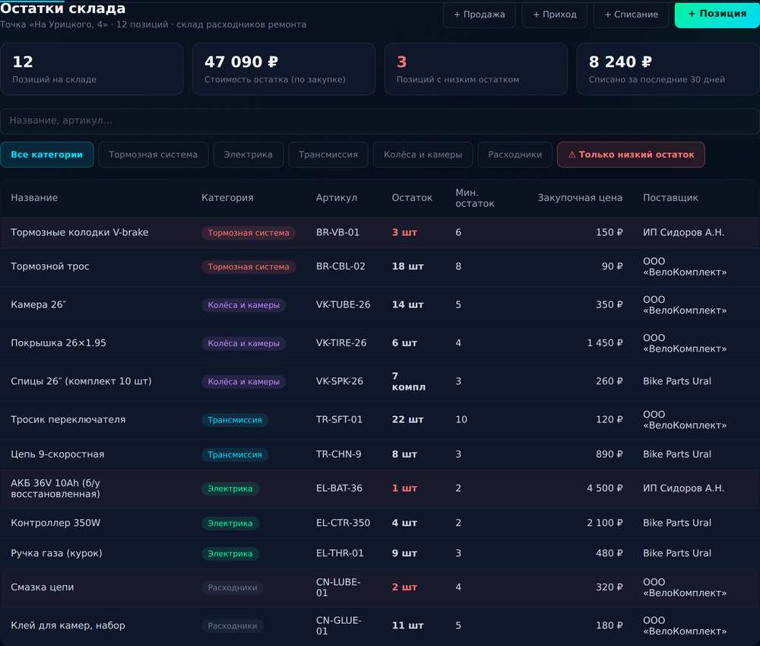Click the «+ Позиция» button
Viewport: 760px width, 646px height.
point(717,14)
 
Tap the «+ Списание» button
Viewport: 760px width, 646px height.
point(631,14)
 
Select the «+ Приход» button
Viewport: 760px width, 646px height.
point(555,14)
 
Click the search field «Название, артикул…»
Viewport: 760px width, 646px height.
point(379,121)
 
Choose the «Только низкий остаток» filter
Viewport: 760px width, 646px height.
point(631,154)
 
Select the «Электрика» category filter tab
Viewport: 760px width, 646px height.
point(249,154)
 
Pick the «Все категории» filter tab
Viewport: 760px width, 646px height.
point(46,154)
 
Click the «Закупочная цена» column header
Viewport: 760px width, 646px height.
point(580,198)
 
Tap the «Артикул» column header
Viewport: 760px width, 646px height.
point(337,198)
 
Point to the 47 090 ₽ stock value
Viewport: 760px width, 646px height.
point(242,62)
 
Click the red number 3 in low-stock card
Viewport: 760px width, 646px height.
point(401,62)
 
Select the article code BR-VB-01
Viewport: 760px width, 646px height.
point(338,233)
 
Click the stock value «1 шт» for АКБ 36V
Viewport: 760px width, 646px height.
point(404,488)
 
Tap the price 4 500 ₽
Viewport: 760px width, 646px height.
point(604,488)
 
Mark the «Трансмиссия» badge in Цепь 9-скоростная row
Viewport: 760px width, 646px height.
point(235,455)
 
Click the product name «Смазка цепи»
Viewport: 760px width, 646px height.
point(43,587)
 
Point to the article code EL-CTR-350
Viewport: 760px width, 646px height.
point(344,523)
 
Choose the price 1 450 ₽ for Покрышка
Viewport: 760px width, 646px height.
point(604,343)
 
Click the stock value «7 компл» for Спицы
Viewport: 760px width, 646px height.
point(409,381)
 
